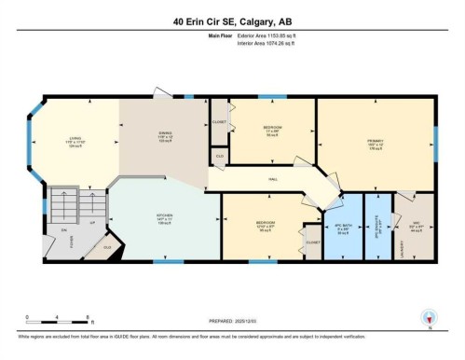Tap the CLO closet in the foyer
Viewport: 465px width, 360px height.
107,247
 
